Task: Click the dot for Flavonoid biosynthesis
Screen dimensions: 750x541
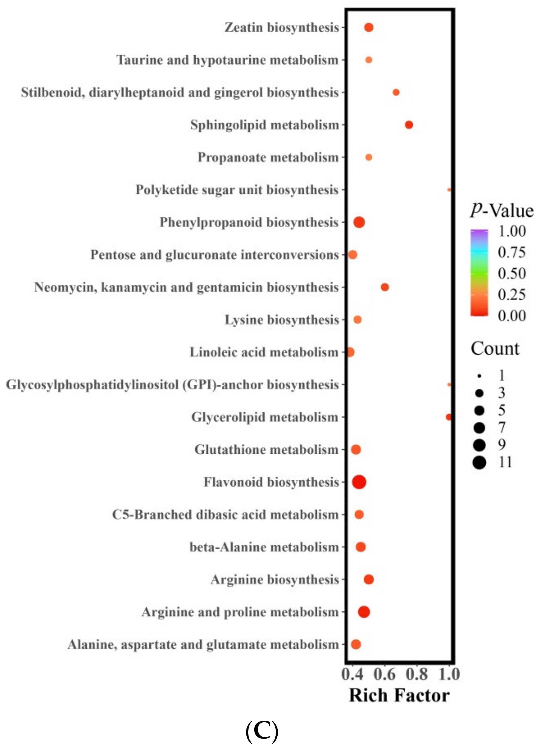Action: (359, 482)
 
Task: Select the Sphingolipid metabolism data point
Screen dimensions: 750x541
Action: (409, 125)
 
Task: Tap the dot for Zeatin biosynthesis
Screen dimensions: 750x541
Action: (369, 27)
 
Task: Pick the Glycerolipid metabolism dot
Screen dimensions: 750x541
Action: (449, 417)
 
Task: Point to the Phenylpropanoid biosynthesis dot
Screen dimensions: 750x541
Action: (359, 222)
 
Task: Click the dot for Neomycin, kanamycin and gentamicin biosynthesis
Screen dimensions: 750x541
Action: (385, 287)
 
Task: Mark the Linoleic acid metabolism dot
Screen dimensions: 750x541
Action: (350, 352)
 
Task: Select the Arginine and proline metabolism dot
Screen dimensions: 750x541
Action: (364, 612)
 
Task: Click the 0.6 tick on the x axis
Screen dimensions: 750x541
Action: (385, 674)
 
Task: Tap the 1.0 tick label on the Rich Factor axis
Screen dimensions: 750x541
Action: (449, 674)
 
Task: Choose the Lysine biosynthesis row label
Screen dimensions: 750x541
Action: (282, 320)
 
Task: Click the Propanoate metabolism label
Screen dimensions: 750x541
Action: (268, 157)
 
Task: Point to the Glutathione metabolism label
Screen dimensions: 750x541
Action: (267, 450)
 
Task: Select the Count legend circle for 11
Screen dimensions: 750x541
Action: (479, 462)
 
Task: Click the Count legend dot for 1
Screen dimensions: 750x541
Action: (479, 376)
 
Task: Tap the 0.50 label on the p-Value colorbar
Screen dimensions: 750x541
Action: (512, 273)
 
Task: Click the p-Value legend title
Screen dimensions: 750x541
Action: (502, 211)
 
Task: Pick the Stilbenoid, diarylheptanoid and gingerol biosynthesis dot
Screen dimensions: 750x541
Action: (396, 92)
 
